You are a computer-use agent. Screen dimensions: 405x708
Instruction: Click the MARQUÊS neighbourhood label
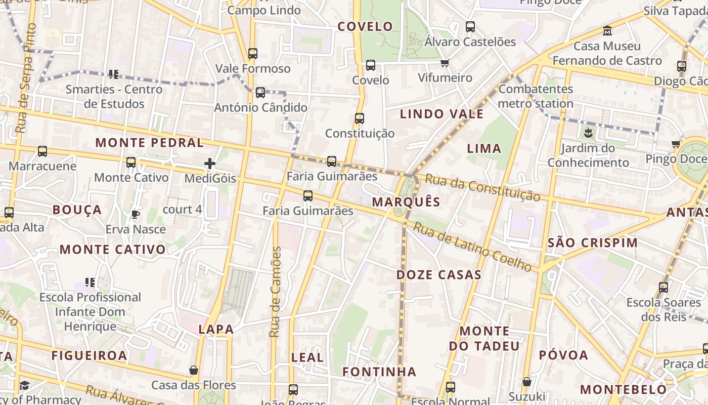coord(406,202)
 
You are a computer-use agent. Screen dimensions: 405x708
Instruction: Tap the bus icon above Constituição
coord(360,118)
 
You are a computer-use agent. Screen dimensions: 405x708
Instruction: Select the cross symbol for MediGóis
coord(210,164)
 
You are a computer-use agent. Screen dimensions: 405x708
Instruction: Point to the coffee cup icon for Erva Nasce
coord(136,215)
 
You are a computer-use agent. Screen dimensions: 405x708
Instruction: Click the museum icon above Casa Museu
coord(607,31)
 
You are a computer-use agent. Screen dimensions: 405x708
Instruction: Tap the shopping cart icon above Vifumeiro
coord(445,63)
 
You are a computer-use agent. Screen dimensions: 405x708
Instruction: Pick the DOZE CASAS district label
coord(438,275)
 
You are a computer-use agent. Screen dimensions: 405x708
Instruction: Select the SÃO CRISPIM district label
coord(593,242)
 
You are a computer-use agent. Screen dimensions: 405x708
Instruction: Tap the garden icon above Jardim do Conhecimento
coord(588,134)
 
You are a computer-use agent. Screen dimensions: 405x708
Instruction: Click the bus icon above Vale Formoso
coord(253,54)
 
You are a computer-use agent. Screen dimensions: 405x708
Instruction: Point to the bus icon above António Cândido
coord(260,93)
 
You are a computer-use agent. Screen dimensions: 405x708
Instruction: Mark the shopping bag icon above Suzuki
coord(527,382)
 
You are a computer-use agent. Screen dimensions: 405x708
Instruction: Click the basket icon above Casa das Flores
coord(194,371)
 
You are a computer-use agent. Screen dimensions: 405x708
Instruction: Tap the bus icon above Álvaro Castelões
coord(470,27)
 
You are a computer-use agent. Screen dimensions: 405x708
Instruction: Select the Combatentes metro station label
coord(536,96)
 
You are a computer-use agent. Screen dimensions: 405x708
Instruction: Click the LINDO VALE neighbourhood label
coord(441,114)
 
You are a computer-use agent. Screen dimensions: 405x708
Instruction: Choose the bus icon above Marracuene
coord(42,151)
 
